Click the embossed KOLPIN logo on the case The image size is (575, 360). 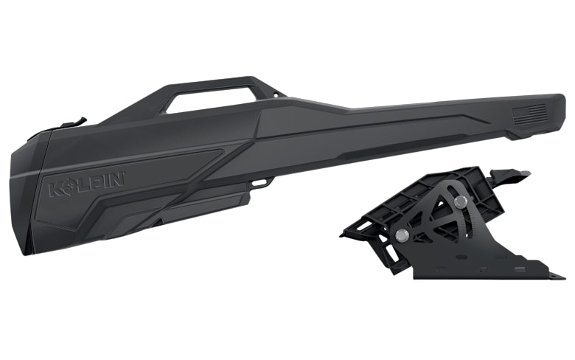coord(87,184)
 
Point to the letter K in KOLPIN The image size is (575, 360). coord(56,190)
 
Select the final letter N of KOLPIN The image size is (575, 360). coord(117,179)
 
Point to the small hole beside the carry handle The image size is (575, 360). coord(276,95)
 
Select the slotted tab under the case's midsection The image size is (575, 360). coord(262,182)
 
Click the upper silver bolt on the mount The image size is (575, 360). coord(460,201)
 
